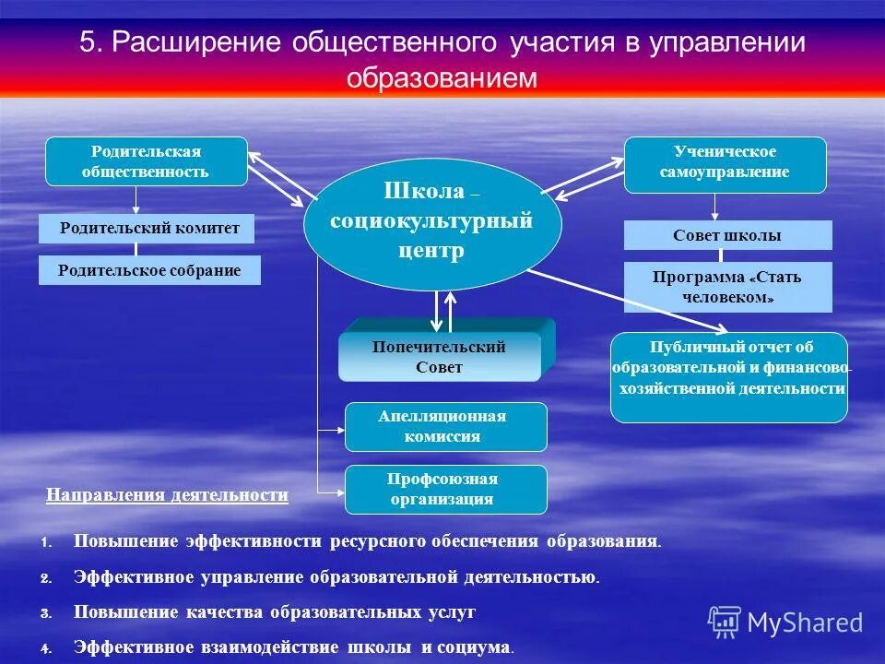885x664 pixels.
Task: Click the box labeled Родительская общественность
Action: [x=147, y=161]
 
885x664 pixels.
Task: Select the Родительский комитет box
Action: [x=147, y=228]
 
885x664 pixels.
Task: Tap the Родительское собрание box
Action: [x=149, y=270]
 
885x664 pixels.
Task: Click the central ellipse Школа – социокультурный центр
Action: [x=432, y=224]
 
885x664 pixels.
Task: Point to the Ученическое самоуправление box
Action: [x=725, y=163]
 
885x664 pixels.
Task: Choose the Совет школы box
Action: [x=727, y=235]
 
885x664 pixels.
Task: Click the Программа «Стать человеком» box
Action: [x=727, y=287]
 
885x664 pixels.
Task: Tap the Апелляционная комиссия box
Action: [x=445, y=427]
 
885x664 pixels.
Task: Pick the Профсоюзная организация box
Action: [x=445, y=490]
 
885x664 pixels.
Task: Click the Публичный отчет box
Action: [x=728, y=377]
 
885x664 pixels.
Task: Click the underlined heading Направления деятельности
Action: [x=167, y=495]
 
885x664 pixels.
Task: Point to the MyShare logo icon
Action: [x=725, y=622]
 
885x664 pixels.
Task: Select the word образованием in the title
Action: [x=442, y=77]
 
